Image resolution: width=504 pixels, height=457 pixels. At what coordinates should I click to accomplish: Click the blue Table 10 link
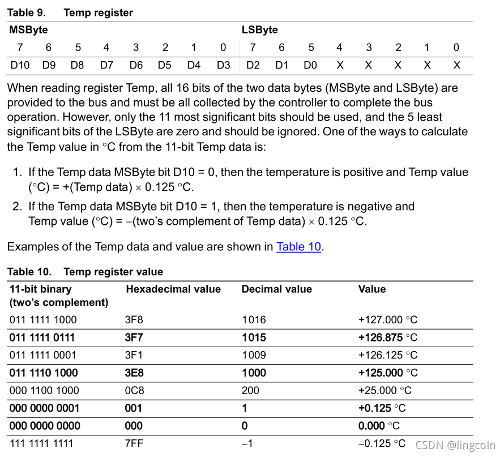[298, 247]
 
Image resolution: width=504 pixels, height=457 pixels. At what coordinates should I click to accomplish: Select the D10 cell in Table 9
[20, 65]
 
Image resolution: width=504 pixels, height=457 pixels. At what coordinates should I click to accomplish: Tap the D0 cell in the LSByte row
[310, 65]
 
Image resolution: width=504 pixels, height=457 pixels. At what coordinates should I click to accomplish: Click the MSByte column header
[29, 29]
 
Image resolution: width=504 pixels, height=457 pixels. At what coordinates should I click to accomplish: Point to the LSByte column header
[260, 29]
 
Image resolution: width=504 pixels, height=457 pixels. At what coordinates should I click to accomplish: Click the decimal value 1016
[253, 320]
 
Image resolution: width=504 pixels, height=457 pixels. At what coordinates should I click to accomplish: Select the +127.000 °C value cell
[388, 320]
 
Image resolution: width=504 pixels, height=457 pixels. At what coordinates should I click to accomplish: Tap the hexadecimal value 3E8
[134, 373]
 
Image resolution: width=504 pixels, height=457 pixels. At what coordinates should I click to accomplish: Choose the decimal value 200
[250, 390]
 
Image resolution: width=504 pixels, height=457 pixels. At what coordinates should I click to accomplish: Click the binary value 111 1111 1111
[41, 443]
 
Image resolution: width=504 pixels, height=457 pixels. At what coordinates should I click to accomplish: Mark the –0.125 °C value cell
[382, 443]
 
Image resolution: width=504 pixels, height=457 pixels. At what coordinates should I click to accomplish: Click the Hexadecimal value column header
[173, 289]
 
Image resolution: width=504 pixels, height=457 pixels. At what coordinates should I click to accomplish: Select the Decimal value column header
[277, 289]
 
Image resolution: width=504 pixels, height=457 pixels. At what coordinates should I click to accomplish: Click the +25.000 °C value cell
[385, 390]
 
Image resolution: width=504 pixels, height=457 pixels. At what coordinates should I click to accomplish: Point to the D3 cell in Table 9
[224, 65]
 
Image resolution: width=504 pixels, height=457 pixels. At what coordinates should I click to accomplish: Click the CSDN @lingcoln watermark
[455, 446]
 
